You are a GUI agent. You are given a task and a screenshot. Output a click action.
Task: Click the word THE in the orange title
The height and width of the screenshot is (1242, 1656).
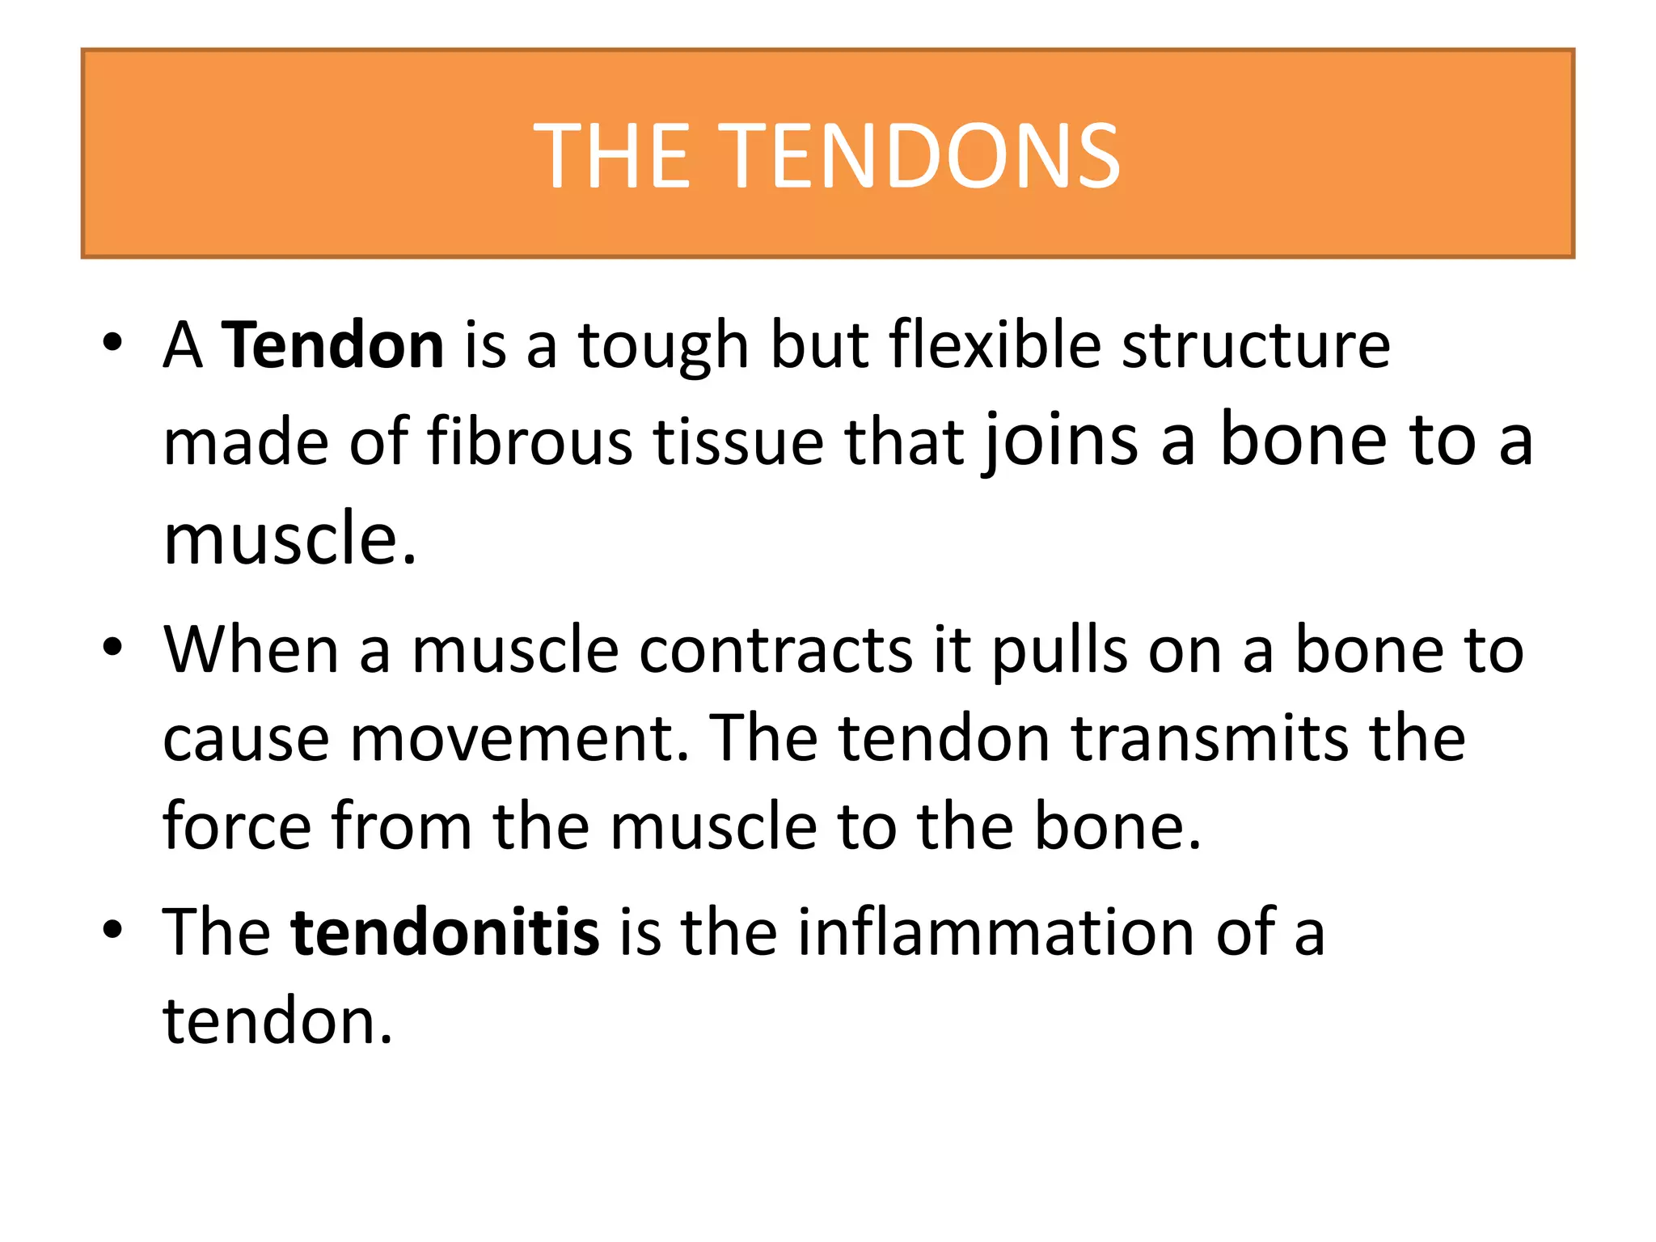612,155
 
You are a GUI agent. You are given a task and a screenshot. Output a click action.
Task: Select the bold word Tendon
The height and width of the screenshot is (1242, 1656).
332,345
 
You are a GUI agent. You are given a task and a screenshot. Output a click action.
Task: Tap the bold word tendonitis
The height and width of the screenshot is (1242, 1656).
445,932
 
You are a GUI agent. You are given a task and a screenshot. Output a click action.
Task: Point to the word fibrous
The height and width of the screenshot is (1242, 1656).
530,442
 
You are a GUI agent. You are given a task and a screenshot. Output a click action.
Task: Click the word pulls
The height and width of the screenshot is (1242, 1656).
1059,652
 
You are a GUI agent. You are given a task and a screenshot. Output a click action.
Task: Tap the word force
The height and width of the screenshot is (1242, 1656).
237,826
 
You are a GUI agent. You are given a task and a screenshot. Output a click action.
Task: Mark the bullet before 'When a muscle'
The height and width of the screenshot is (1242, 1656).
112,648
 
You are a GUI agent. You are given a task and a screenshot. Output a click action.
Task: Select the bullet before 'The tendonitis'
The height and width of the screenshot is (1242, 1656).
112,930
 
